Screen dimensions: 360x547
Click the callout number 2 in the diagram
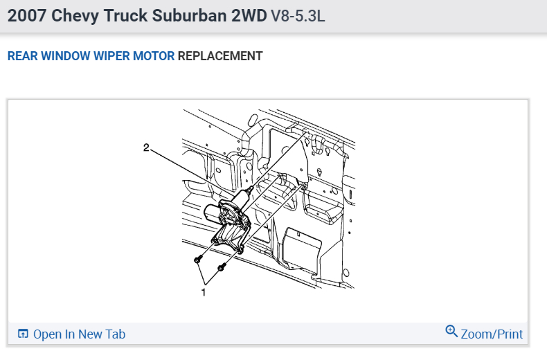point(146,147)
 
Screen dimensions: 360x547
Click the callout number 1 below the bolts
point(203,292)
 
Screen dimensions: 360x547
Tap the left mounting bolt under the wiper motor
point(198,260)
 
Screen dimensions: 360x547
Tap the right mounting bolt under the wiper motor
point(221,267)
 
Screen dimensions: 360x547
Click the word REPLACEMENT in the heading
point(220,56)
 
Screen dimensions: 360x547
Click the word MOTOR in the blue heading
point(156,56)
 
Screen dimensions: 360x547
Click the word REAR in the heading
point(22,56)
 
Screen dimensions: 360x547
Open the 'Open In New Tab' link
point(79,334)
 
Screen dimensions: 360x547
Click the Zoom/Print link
point(492,334)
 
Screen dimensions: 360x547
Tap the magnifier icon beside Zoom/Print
point(451,332)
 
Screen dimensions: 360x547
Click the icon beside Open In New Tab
point(23,334)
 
